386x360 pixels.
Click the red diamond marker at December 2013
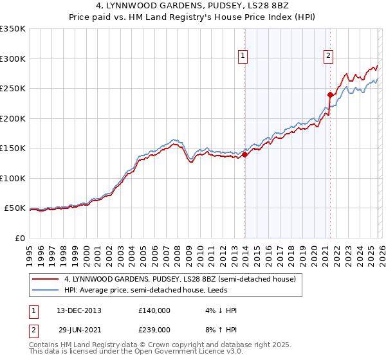click(244, 154)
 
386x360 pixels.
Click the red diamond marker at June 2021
click(330, 94)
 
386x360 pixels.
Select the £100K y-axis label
click(13, 178)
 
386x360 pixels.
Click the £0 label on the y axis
click(21, 238)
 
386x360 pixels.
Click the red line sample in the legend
click(46, 280)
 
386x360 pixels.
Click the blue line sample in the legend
click(46, 291)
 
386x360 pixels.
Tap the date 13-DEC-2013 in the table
click(79, 310)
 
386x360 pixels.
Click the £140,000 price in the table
click(154, 310)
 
